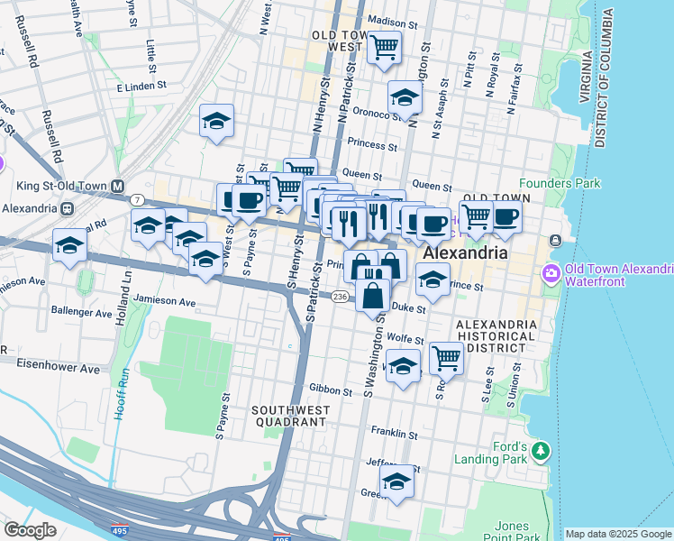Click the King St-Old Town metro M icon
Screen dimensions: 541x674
pyautogui.click(x=117, y=187)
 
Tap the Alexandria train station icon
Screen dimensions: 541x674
pyautogui.click(x=67, y=207)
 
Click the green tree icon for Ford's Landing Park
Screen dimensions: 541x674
pyautogui.click(x=541, y=450)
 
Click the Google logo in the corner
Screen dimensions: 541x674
pyautogui.click(x=30, y=530)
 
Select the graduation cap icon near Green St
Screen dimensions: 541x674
pyautogui.click(x=396, y=481)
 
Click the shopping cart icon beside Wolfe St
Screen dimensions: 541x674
pyautogui.click(x=446, y=357)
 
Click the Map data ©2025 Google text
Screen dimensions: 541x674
pyautogui.click(x=617, y=534)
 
